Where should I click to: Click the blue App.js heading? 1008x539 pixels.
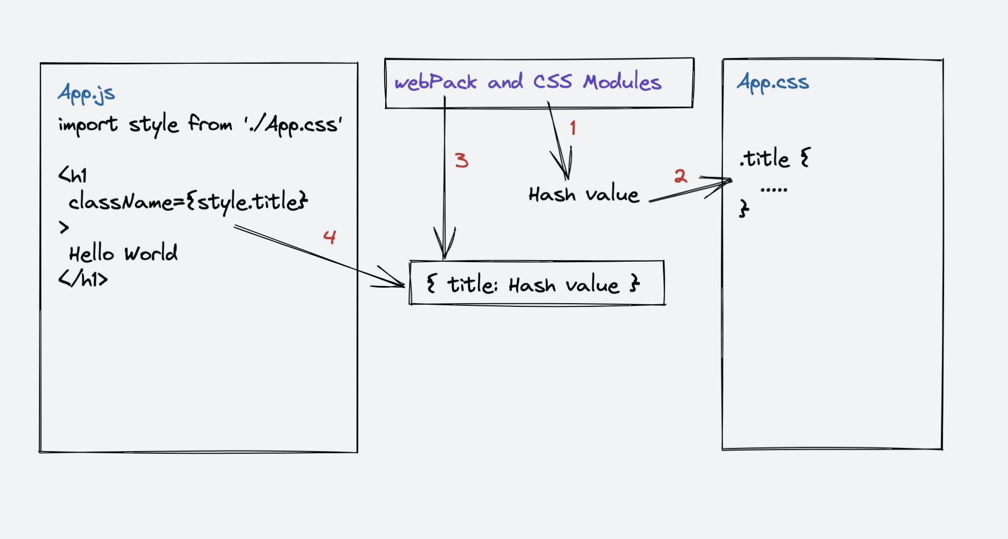[x=86, y=94]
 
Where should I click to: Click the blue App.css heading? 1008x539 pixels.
[x=773, y=83]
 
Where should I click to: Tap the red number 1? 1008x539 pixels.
[x=573, y=128]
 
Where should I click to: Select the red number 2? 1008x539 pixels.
[x=680, y=176]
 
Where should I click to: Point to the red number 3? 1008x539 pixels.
[x=461, y=160]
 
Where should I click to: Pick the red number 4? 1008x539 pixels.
[x=330, y=237]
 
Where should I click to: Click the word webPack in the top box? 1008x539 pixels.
[x=435, y=82]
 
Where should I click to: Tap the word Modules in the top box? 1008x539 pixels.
[x=622, y=82]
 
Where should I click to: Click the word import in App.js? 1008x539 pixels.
[x=88, y=125]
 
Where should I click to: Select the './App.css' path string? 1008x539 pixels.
[x=293, y=125]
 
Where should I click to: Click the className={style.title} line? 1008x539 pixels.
[x=188, y=202]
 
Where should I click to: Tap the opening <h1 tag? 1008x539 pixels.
[x=73, y=175]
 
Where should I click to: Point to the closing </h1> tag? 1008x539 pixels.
[x=83, y=279]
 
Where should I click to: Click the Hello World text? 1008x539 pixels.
[x=124, y=253]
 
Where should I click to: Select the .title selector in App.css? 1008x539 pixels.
[x=765, y=158]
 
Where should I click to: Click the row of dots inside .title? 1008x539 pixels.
[x=773, y=190]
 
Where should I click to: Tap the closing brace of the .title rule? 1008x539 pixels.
[x=744, y=209]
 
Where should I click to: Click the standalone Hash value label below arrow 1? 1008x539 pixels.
[x=583, y=195]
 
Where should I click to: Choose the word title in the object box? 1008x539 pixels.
[x=472, y=285]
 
